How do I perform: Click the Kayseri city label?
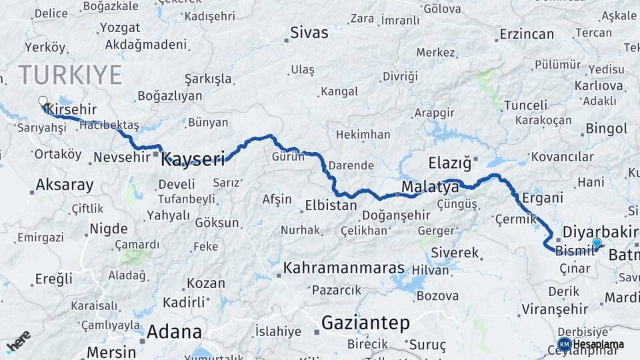(193, 159)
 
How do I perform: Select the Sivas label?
(309, 32)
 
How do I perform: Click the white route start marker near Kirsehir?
(43, 101)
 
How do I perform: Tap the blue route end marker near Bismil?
(597, 243)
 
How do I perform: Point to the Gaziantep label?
(365, 323)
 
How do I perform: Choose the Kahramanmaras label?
(344, 268)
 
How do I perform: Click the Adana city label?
(174, 331)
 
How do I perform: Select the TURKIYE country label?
(70, 74)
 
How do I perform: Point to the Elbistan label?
(331, 205)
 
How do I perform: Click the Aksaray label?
(65, 185)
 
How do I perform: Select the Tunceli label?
(525, 105)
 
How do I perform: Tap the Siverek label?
(455, 253)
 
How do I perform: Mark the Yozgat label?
(120, 28)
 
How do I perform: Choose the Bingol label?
(607, 129)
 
